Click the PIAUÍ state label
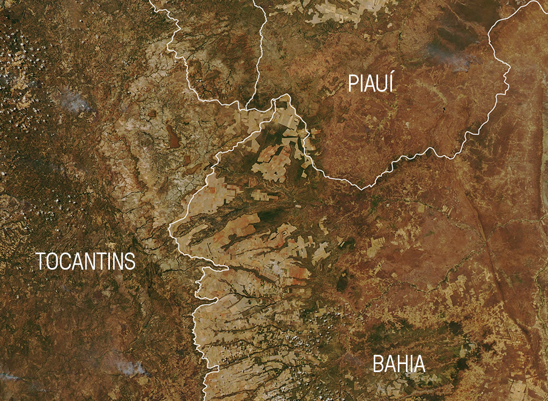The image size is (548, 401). pyautogui.click(x=370, y=84)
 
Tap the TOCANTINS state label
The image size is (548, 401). pyautogui.click(x=86, y=262)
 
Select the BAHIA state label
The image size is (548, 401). pyautogui.click(x=399, y=365)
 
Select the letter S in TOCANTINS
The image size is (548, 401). pyautogui.click(x=129, y=262)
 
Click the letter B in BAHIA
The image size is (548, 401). pyautogui.click(x=378, y=365)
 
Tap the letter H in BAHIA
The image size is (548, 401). pyautogui.click(x=401, y=365)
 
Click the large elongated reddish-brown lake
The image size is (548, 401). pyautogui.click(x=173, y=137)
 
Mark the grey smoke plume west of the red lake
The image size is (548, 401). pyautogui.click(x=75, y=102)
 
